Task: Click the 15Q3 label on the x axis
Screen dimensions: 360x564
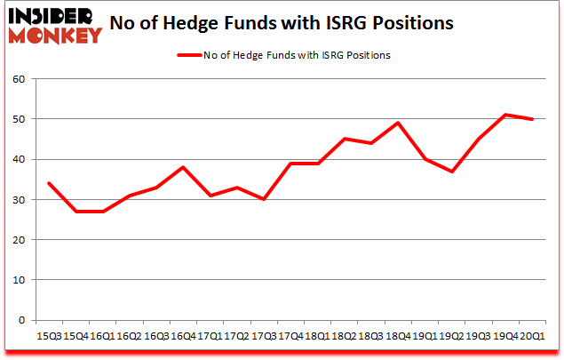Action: click(x=48, y=337)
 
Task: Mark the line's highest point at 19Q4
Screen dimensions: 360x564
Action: click(x=505, y=115)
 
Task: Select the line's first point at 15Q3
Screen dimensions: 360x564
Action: click(x=48, y=183)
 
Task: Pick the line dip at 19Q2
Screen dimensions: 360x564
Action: click(x=452, y=172)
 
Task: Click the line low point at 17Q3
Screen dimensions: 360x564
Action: click(x=264, y=199)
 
